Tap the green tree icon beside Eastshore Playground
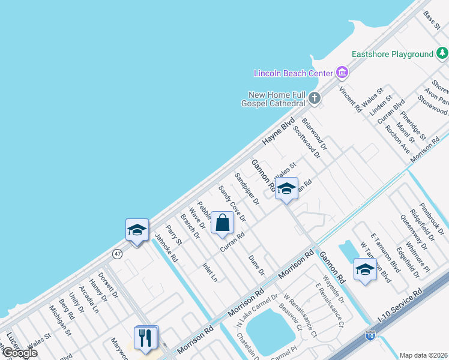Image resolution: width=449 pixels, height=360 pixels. point(442,54)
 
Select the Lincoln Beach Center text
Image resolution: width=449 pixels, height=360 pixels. point(293,73)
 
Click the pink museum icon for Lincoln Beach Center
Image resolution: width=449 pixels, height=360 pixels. point(342,73)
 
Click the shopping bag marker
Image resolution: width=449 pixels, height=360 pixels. point(222,223)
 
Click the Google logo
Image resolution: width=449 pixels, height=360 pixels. point(19,353)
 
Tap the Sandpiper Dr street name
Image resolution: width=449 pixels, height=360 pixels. point(247,189)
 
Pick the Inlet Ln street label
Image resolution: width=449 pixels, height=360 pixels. point(210,272)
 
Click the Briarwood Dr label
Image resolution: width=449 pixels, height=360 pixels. point(315,134)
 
